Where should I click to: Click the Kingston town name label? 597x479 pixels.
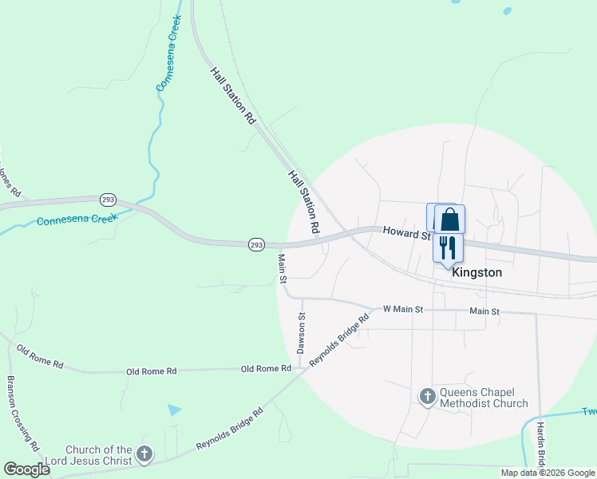[476, 272]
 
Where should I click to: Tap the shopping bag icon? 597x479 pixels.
[449, 219]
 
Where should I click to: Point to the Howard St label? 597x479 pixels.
[406, 232]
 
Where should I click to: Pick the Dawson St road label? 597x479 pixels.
[302, 334]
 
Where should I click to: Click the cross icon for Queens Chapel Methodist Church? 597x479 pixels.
[427, 396]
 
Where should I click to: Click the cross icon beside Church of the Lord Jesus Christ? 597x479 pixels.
[144, 455]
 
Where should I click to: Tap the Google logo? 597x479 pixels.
[26, 469]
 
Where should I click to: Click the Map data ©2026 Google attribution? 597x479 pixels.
[548, 473]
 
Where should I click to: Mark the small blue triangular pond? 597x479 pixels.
[175, 410]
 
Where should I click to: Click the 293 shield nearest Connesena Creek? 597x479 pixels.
[108, 199]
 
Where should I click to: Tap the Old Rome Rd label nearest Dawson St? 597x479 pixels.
[266, 368]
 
